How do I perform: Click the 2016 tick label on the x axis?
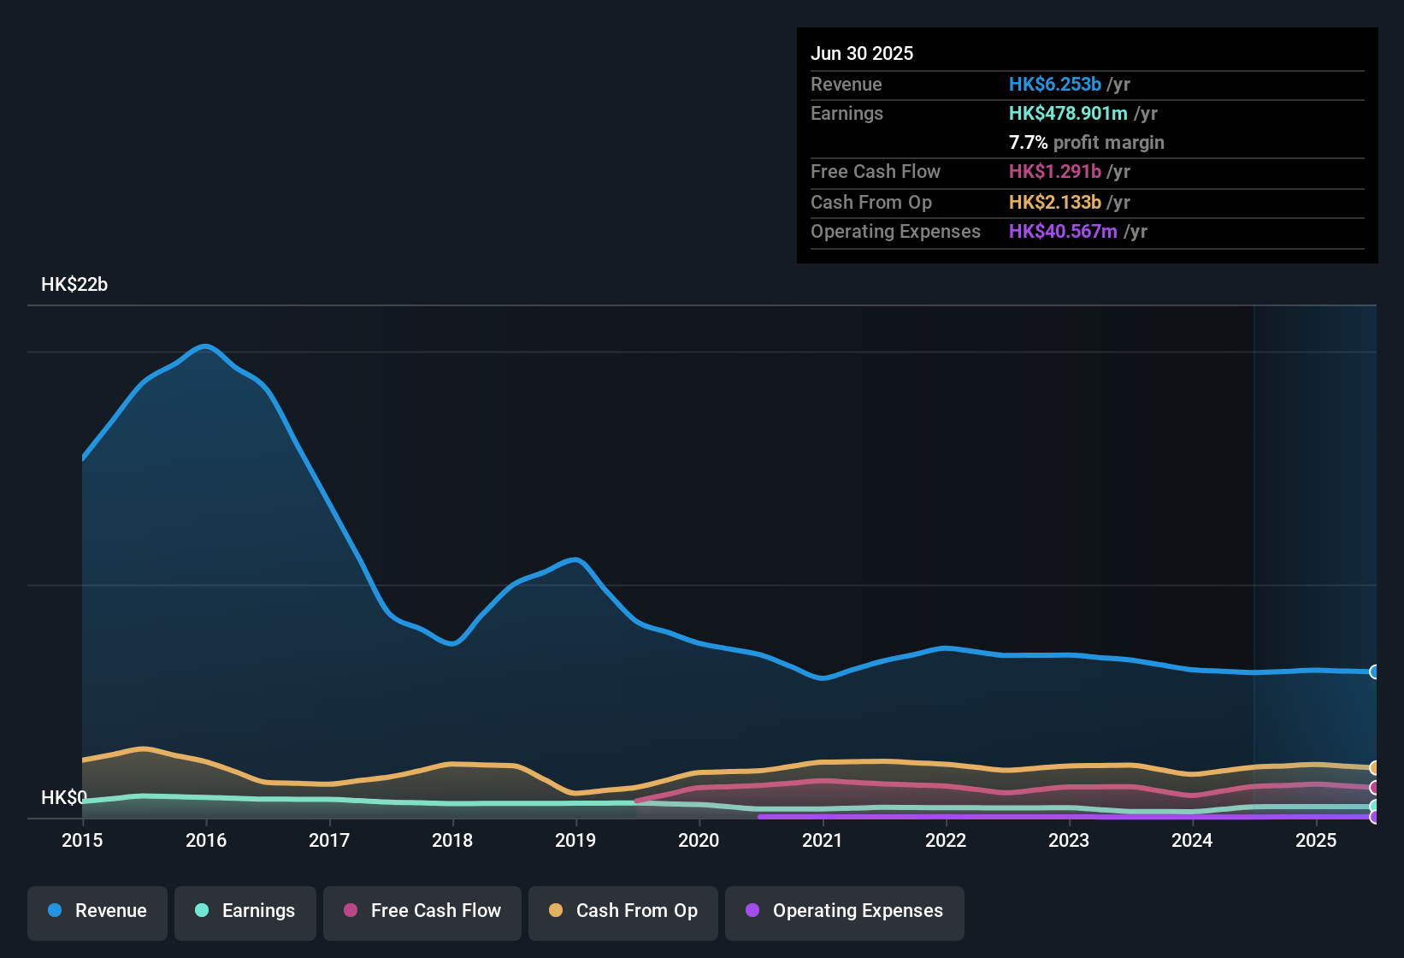coord(206,840)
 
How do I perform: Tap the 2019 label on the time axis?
coord(575,840)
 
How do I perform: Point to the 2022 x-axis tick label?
coord(946,840)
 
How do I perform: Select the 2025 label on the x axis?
coord(1316,840)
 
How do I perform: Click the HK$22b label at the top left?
coord(74,285)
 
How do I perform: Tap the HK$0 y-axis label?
coord(63,797)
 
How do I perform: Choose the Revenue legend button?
coord(97,911)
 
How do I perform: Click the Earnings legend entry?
coord(245,911)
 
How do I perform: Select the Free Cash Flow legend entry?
coord(422,911)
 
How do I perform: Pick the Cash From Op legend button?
coord(623,911)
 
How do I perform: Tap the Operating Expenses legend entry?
coord(845,911)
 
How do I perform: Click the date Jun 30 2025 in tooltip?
coord(862,53)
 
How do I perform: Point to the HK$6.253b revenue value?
coord(1055,84)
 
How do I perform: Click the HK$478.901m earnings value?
coord(1068,113)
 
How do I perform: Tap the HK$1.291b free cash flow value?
coord(1055,171)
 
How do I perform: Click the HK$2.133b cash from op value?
coord(1055,202)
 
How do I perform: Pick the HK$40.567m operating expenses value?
coord(1063,231)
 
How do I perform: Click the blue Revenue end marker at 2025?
coord(1375,671)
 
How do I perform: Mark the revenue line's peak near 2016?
coord(205,346)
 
